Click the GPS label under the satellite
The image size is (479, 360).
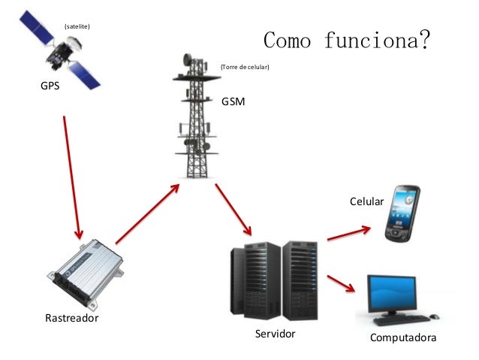tap(50, 86)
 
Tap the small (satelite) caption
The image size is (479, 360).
tap(78, 27)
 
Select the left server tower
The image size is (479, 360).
tap(255, 280)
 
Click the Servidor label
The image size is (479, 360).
tap(276, 334)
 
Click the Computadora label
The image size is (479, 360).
tap(403, 339)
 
